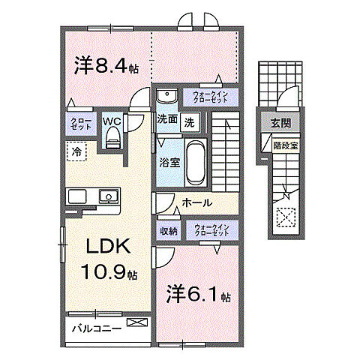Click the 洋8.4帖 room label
point(105,66)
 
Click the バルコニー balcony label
point(97,328)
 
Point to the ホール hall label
point(196,203)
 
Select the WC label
point(112,118)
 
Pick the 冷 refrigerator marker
point(76,151)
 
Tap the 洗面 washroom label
point(166,119)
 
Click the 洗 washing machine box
point(190,120)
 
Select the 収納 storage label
point(167,232)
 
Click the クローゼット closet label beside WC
point(80,124)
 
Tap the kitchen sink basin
point(109,198)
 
